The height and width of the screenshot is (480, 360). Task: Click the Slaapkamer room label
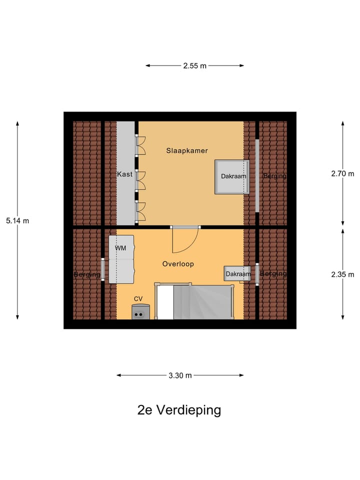click(186, 150)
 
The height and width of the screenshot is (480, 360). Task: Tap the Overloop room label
click(178, 264)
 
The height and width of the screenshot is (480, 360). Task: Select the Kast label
click(124, 174)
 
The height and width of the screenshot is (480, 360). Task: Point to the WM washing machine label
click(120, 248)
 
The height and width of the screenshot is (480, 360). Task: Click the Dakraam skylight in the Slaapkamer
click(232, 176)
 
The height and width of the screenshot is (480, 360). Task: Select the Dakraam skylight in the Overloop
click(237, 274)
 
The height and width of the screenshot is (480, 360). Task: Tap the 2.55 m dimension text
click(194, 65)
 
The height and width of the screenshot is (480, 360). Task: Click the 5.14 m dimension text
click(17, 220)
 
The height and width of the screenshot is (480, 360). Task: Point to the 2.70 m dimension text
click(342, 174)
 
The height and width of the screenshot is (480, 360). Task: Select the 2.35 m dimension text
click(342, 274)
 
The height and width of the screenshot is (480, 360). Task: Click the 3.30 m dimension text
click(180, 375)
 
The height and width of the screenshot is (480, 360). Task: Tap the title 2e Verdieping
click(179, 410)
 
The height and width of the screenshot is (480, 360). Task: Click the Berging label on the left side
click(87, 274)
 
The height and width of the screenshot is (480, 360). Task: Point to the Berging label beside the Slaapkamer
click(274, 176)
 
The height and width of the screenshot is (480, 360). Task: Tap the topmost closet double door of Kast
click(141, 145)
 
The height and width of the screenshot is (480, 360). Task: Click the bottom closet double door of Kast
click(141, 210)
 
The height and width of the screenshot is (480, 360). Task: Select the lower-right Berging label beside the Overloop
click(273, 274)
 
